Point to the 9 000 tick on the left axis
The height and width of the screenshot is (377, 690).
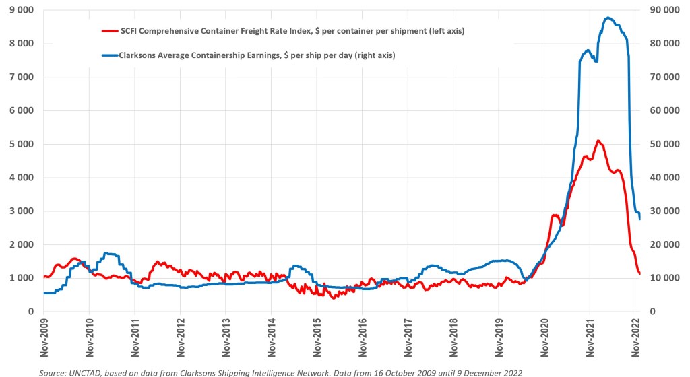point(23,10)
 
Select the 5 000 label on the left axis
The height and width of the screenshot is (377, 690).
point(23,144)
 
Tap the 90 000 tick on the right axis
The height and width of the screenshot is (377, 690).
point(664,10)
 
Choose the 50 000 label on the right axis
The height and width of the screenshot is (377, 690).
point(664,144)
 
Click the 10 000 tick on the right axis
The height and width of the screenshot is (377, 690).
point(664,278)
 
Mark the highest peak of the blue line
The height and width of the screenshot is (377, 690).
point(608,18)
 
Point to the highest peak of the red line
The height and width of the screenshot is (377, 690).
point(598,141)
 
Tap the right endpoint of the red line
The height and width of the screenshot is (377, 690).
point(639,273)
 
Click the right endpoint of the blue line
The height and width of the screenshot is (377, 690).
point(639,219)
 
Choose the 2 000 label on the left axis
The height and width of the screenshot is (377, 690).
point(23,244)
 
